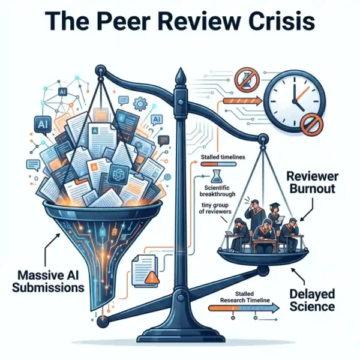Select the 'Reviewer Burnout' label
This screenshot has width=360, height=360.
(x=313, y=183)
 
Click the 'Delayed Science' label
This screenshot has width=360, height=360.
(x=312, y=301)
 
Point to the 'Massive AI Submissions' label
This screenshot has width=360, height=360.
(x=48, y=281)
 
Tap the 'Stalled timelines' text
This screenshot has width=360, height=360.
(x=223, y=157)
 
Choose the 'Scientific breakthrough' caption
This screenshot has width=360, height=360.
(x=217, y=191)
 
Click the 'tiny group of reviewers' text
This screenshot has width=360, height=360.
(x=215, y=208)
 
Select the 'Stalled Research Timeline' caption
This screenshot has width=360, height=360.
(x=245, y=297)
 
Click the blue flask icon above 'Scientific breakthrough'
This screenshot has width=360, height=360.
(x=217, y=176)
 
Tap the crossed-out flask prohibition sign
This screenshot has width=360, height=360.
(x=247, y=79)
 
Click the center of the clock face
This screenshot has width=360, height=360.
(x=295, y=101)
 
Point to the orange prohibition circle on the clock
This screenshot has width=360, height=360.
(x=311, y=125)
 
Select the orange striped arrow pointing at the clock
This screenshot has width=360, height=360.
(x=242, y=101)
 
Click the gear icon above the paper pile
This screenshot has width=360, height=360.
(x=140, y=104)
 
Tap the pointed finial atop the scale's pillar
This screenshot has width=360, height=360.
(x=181, y=77)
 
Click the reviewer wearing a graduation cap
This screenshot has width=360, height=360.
(x=274, y=216)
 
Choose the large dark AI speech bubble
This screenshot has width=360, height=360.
(x=43, y=125)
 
